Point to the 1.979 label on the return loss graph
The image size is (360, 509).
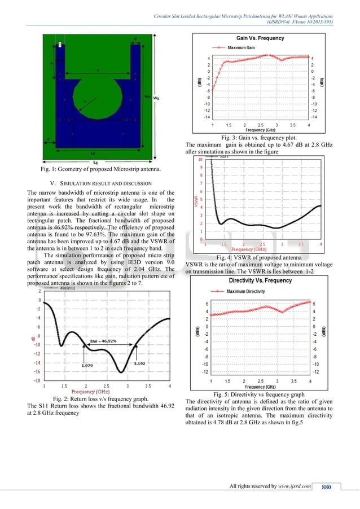87,366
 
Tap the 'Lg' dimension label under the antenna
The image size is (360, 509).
94,162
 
